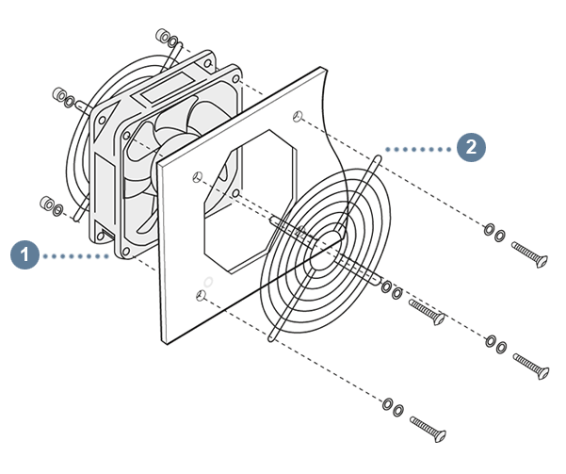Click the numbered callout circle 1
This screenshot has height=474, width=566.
click(x=24, y=255)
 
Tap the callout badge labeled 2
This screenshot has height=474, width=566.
click(x=471, y=147)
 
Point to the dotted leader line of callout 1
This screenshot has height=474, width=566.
click(x=75, y=256)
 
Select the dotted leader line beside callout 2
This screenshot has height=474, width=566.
click(x=417, y=149)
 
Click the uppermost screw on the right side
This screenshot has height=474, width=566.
click(x=529, y=254)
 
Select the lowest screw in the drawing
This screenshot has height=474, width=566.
click(x=429, y=429)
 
